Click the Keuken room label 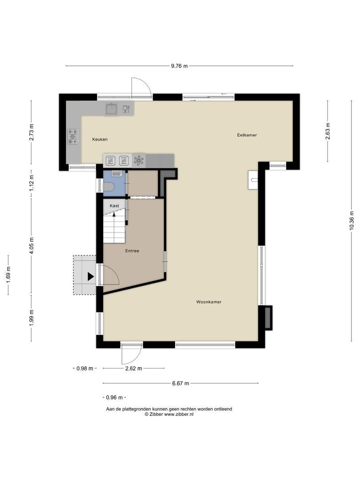point(100,140)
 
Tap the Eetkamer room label point(247,135)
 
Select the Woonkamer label point(209,302)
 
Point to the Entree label point(132,251)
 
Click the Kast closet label point(114,206)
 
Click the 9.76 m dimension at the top point(179,66)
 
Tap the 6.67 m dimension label point(180,383)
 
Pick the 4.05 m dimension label point(32,245)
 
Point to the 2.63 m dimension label point(328,131)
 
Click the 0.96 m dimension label point(114,397)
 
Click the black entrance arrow point(91,276)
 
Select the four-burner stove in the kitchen point(72,136)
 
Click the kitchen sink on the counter point(111,108)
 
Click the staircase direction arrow point(114,214)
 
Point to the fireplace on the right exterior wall point(268,317)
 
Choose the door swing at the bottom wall point(132,354)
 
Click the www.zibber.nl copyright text point(169,414)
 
